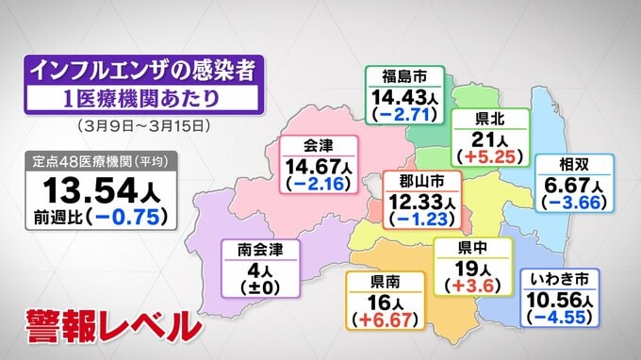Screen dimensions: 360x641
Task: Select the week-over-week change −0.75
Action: [131, 216]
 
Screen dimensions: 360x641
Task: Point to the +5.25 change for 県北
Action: [489, 158]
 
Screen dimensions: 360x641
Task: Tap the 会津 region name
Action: [320, 146]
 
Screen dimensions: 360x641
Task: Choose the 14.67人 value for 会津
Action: [320, 166]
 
